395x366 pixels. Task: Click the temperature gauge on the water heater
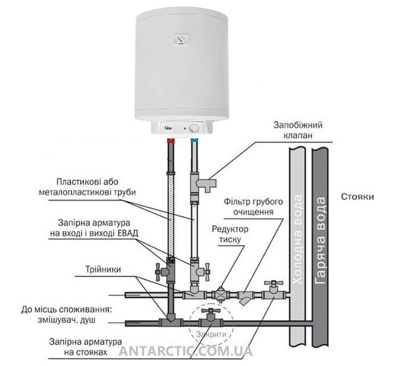181,40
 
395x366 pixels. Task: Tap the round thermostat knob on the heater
195,128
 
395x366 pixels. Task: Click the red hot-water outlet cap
172,140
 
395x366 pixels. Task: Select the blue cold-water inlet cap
194,140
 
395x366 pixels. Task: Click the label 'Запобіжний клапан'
298,130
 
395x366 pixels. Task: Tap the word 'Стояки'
357,196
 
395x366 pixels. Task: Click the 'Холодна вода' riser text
297,239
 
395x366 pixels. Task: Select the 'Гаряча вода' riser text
320,241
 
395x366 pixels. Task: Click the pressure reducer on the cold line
220,294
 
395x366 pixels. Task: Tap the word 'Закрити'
211,335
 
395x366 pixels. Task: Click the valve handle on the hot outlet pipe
159,272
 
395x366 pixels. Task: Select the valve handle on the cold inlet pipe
207,272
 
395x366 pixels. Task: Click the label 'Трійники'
103,269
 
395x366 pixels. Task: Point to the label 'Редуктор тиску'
230,235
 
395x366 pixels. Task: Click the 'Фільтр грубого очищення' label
253,207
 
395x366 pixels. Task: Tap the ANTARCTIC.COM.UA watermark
186,351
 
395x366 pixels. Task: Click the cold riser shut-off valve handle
273,283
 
